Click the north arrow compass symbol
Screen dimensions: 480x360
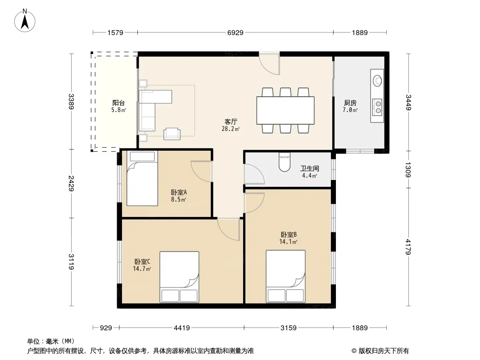(x=25, y=21)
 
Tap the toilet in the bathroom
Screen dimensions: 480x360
(x=285, y=162)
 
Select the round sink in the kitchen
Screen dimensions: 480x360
(x=377, y=81)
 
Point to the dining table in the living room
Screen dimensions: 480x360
(x=285, y=110)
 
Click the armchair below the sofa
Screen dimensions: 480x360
(x=172, y=134)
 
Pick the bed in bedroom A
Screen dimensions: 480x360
(x=142, y=178)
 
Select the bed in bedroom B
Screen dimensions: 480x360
(x=285, y=276)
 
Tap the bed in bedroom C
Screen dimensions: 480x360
(x=179, y=277)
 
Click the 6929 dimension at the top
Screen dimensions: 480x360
(x=235, y=32)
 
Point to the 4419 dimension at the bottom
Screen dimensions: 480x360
(x=182, y=328)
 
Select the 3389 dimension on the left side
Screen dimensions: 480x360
(x=71, y=101)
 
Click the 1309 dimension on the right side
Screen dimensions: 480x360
(x=408, y=170)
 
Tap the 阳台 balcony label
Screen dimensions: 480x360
(x=118, y=103)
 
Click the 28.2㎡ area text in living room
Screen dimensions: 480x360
(x=231, y=129)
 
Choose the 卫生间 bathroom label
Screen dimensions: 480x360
(x=309, y=168)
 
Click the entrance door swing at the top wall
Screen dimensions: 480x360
(x=269, y=63)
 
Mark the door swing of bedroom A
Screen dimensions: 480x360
(x=201, y=171)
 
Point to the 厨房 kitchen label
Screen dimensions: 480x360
(x=350, y=103)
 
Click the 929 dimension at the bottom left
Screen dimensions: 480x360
(x=106, y=328)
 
